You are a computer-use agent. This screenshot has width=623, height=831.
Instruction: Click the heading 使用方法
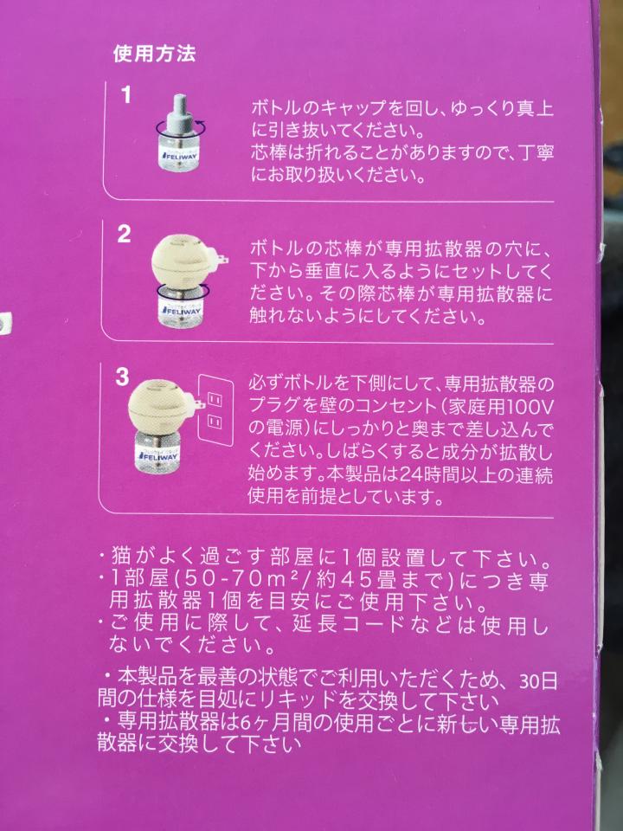[x=154, y=54]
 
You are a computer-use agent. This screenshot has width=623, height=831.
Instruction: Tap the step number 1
[x=126, y=95]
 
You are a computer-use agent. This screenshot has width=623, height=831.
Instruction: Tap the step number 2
[x=124, y=234]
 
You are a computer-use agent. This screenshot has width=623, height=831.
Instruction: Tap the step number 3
[x=122, y=377]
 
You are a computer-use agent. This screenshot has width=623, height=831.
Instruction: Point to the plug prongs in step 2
[x=225, y=260]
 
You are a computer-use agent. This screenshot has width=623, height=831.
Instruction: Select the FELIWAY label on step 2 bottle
[x=181, y=312]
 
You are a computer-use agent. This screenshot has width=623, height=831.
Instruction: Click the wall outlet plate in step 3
[x=215, y=409]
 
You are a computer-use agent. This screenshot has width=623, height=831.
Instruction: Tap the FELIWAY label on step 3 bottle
[x=159, y=454]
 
